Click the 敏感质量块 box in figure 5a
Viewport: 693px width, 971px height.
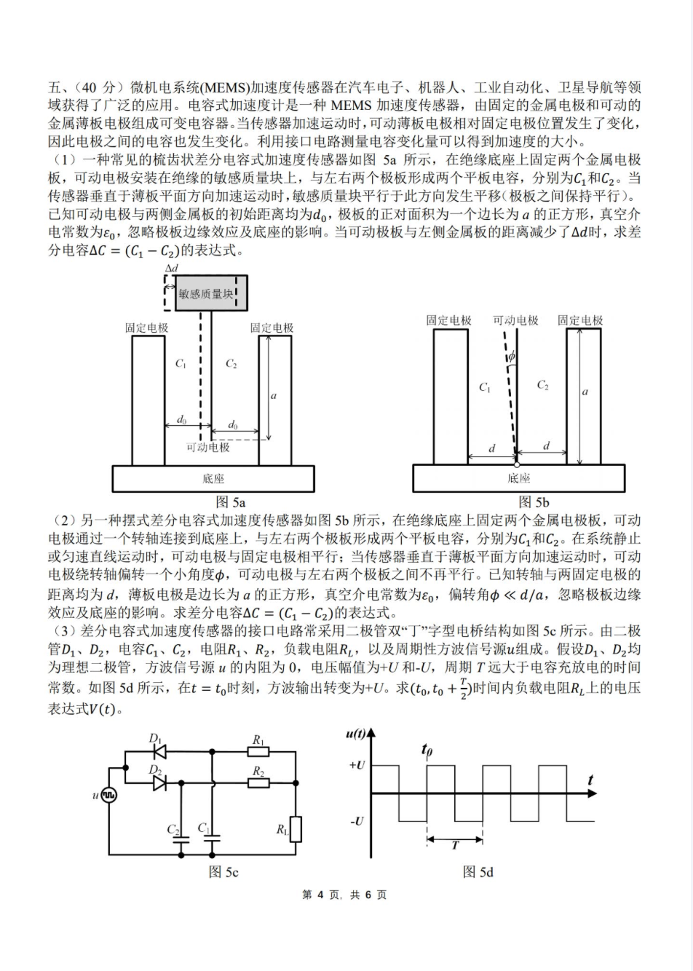pos(210,293)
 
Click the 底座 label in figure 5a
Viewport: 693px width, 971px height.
pos(213,479)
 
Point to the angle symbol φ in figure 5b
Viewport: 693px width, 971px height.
pos(511,357)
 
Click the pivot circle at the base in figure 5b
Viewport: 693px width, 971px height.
pos(517,464)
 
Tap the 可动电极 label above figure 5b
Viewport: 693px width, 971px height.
pos(515,320)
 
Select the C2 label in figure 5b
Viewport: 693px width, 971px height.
pos(542,385)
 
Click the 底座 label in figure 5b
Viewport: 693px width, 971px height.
pos(518,478)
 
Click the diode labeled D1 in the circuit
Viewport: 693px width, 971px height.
pos(159,752)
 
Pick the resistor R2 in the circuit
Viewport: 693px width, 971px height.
pos(258,783)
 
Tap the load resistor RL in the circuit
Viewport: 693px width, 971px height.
pos(296,828)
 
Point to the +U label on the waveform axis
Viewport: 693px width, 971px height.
pos(356,766)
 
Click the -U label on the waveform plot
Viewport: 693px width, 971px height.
pos(356,821)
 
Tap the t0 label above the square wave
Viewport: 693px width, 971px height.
pos(427,749)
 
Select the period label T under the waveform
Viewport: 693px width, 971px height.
pos(456,846)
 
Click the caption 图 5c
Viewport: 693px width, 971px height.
pos(223,871)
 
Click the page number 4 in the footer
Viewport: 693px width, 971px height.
pos(319,895)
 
